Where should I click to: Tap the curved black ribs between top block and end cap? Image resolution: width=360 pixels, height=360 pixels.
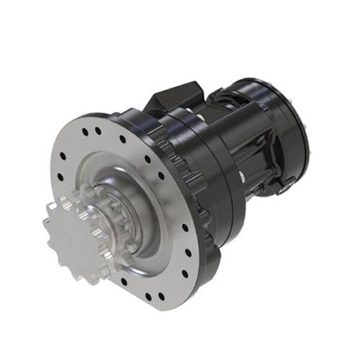tap(230, 108)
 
